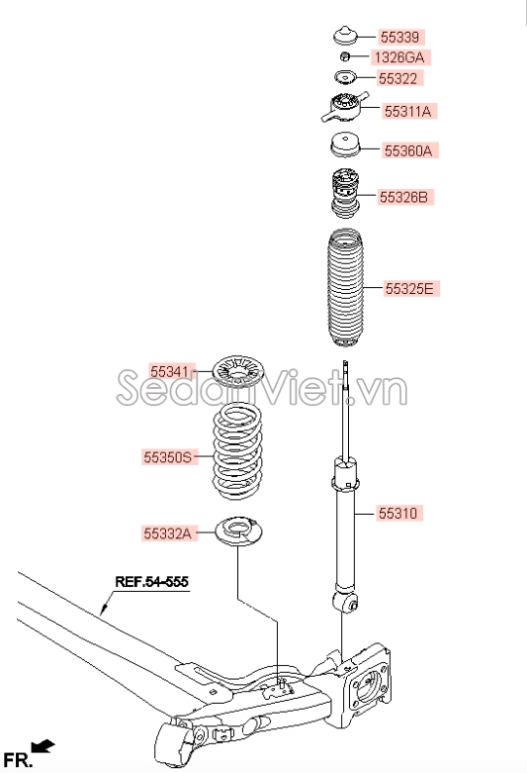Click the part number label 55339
(x=399, y=38)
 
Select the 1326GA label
(x=399, y=57)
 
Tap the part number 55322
(x=397, y=78)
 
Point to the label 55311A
(x=407, y=112)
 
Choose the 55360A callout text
(x=408, y=150)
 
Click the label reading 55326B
(x=403, y=197)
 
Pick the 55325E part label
(x=409, y=288)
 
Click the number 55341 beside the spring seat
(x=170, y=371)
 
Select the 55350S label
(x=167, y=457)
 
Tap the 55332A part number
(x=167, y=532)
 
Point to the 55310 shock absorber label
(x=397, y=514)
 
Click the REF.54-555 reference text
(x=151, y=582)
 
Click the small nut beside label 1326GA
(x=345, y=56)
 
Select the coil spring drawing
(x=237, y=451)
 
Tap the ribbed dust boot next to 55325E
(x=345, y=288)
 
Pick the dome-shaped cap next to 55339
(x=345, y=35)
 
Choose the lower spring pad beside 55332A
(x=239, y=531)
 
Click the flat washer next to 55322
(x=345, y=77)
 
